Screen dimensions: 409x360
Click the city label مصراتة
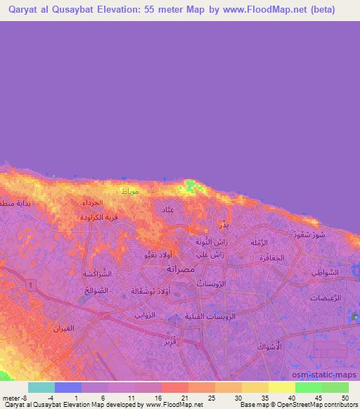click(x=181, y=268)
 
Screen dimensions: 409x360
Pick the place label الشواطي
click(x=323, y=272)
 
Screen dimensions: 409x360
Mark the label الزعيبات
click(x=325, y=298)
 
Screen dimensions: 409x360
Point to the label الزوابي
click(x=146, y=316)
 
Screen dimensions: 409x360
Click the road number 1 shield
click(x=32, y=283)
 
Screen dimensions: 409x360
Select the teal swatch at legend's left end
click(x=41, y=387)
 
